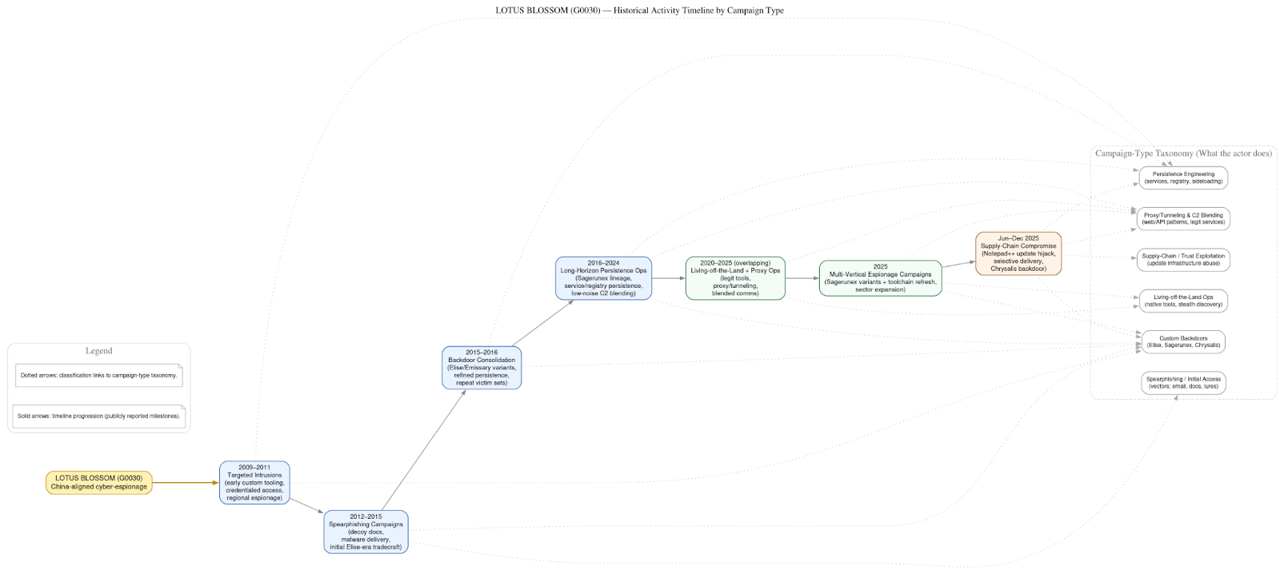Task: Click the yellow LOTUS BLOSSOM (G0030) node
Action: click(x=98, y=482)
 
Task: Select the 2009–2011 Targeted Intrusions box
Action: click(x=254, y=483)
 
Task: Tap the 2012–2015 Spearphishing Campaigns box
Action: click(x=366, y=532)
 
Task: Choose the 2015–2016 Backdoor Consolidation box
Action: click(x=482, y=368)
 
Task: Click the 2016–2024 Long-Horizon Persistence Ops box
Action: click(x=603, y=278)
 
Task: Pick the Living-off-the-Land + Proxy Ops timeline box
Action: click(x=735, y=278)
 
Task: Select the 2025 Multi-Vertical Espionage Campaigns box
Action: click(x=880, y=278)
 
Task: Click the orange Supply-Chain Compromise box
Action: click(x=1018, y=253)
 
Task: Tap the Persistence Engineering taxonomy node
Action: click(x=1183, y=177)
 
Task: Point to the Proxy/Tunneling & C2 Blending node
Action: click(x=1183, y=218)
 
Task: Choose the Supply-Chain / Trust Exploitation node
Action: click(x=1183, y=260)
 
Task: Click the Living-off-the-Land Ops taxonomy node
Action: click(x=1183, y=301)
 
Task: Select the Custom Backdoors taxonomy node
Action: click(x=1183, y=342)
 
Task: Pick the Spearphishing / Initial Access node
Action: click(x=1183, y=383)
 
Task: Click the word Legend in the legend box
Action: click(x=99, y=351)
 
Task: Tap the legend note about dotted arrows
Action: click(x=98, y=375)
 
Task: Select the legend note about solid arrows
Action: click(x=98, y=416)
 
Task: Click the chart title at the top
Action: click(x=639, y=10)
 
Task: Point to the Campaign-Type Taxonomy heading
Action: click(x=1183, y=153)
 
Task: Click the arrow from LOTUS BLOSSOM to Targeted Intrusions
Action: click(x=185, y=483)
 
